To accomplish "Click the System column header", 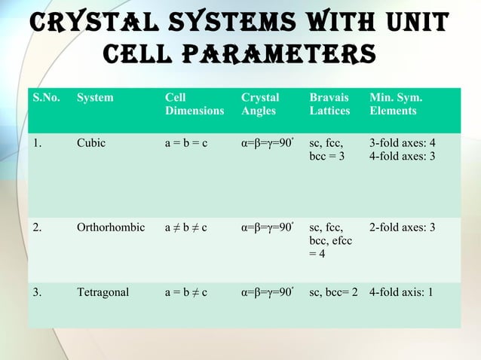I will tap(95, 97).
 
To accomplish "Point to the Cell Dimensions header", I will tap(194, 104).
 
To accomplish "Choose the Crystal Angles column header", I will tap(260, 104).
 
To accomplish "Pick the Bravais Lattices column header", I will tap(329, 104).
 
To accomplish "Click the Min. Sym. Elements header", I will tap(395, 104).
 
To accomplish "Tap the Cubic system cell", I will tap(91, 144).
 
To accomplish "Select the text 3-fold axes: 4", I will tap(403, 144).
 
